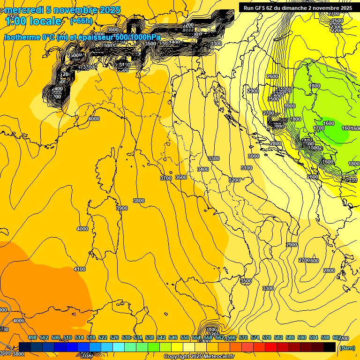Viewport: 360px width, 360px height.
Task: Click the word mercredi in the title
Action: pos(24,10)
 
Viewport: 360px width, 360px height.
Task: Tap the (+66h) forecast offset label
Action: pos(81,21)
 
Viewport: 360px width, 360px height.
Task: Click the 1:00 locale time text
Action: pos(33,21)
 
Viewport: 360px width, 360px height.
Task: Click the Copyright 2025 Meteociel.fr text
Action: pos(199,357)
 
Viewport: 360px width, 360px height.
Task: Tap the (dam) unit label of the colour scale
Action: pos(346,347)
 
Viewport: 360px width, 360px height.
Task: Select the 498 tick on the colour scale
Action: pos(32,337)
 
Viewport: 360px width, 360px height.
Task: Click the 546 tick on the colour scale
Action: pos(173,337)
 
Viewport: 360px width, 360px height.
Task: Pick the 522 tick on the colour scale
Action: pos(103,337)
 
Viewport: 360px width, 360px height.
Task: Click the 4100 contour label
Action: pos(80,269)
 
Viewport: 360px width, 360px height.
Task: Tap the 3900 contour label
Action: pos(122,208)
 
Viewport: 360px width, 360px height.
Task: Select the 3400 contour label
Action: pos(203,169)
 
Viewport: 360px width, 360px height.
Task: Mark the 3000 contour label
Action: pos(254,156)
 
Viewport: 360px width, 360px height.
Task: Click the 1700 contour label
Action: pos(319,128)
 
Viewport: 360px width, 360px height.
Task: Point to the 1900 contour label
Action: pos(290,106)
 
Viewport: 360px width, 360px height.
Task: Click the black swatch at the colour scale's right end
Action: pos(330,347)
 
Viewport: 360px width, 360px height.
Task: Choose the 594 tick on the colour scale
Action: pos(314,337)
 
